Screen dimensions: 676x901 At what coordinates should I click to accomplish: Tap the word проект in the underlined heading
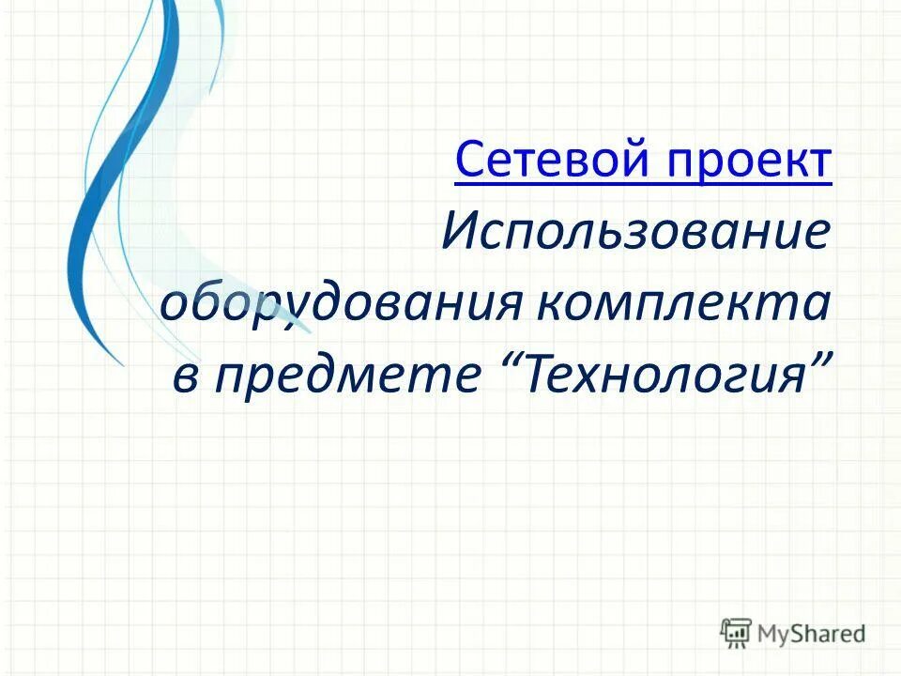click(x=750, y=161)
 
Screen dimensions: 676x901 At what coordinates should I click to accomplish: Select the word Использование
click(x=636, y=233)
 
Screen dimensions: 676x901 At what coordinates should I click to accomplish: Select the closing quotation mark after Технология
click(x=820, y=361)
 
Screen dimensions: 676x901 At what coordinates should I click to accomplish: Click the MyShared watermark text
click(x=811, y=634)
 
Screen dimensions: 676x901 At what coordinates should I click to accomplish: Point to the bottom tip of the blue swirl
click(x=120, y=362)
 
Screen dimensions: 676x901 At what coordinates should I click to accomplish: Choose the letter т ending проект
click(x=822, y=164)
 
